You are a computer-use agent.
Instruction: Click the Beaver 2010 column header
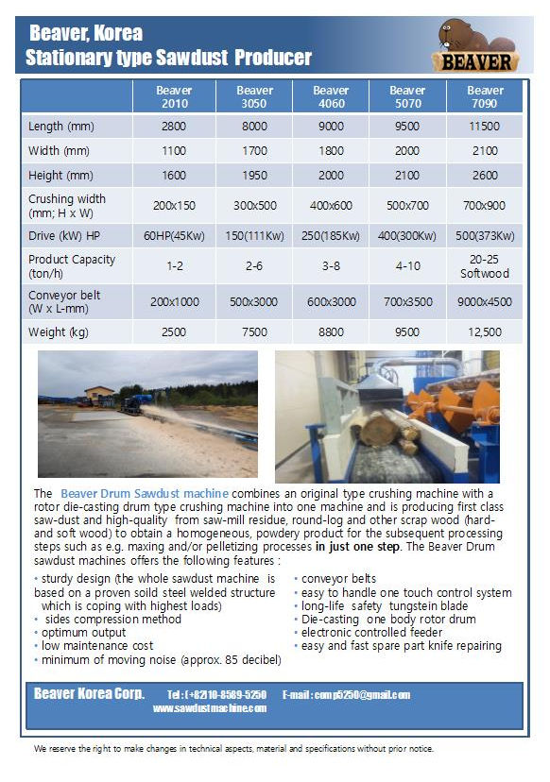pos(175,96)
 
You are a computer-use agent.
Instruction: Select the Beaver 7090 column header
pos(486,96)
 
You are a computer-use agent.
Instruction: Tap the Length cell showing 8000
pos(255,127)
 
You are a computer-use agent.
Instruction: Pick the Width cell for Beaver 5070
pos(407,151)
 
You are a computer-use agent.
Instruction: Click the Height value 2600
pos(486,176)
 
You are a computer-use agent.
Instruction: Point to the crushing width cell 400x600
pos(331,205)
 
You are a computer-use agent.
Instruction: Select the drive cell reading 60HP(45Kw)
pos(175,235)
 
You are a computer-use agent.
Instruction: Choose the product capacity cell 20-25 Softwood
pos(486,266)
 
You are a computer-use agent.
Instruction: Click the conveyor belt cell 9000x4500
pos(486,302)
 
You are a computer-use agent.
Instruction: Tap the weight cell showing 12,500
pos(486,332)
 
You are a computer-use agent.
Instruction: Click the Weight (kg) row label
pos(59,332)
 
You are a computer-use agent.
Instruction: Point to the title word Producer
pos(275,59)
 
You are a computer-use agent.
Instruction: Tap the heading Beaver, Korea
pos(86,34)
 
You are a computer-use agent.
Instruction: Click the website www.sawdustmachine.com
pos(210,708)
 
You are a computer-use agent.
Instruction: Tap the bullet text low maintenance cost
pos(97,646)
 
